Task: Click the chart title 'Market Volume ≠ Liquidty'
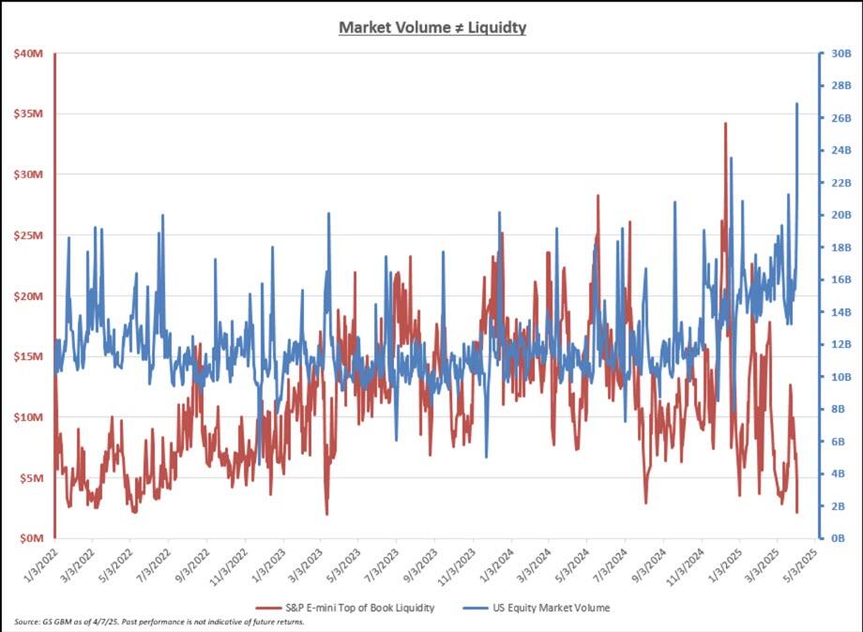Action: point(431,27)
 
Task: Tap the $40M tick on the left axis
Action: point(27,53)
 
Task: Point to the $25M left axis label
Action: point(27,235)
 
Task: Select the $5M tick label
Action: point(30,478)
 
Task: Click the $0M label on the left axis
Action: point(30,538)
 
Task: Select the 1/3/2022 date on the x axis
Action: point(39,566)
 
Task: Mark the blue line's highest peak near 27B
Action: point(797,103)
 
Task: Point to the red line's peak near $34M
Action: point(725,123)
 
